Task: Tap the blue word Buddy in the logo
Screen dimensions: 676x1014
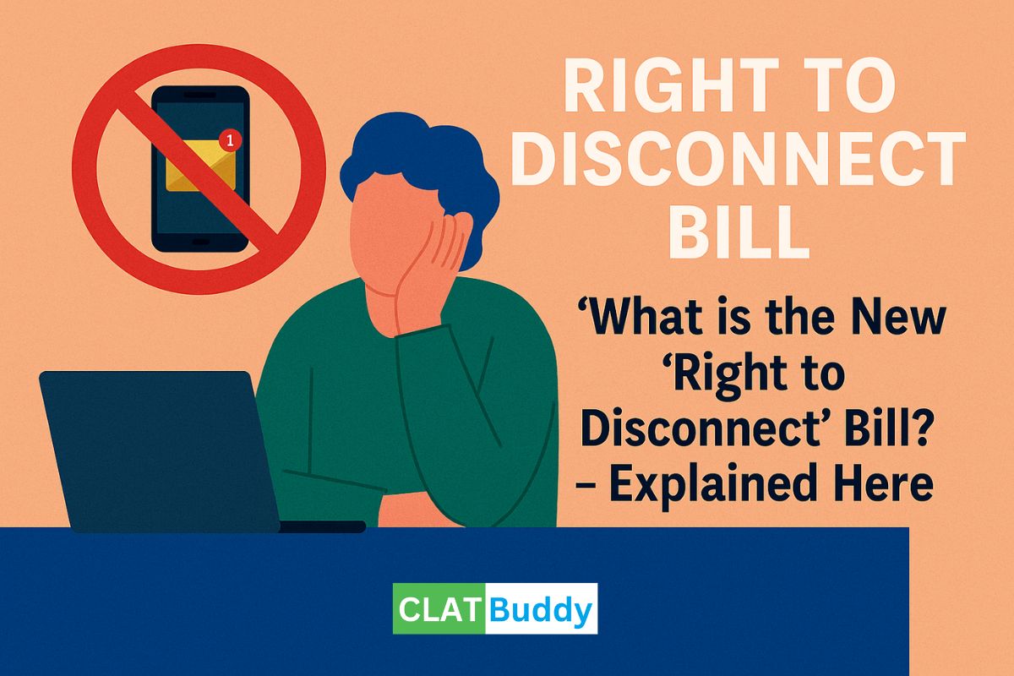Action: coord(541,608)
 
